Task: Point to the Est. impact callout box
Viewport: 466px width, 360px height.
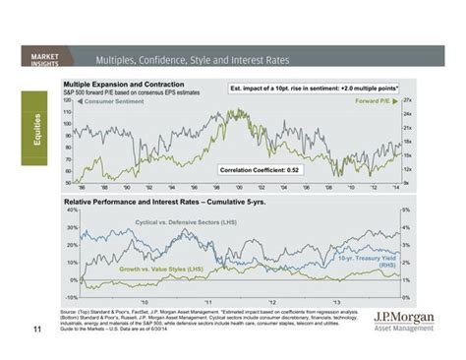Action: (x=316, y=89)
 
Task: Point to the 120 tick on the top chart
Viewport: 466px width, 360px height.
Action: (x=68, y=100)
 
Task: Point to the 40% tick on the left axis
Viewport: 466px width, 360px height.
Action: (x=70, y=210)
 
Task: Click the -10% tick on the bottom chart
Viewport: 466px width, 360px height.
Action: (x=69, y=295)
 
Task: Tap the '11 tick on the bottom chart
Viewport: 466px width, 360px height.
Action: (x=207, y=302)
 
